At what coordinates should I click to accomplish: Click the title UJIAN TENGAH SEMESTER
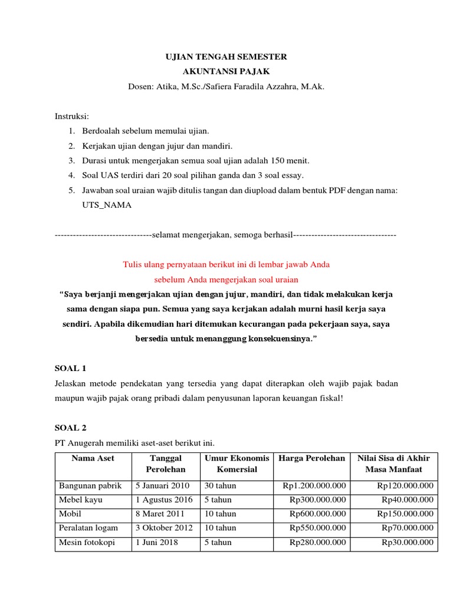(x=226, y=57)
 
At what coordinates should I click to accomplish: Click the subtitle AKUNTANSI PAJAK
(x=226, y=72)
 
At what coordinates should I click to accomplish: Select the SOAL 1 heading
(x=70, y=369)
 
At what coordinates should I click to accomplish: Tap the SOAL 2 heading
(x=70, y=427)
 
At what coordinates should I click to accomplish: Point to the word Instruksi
(x=71, y=116)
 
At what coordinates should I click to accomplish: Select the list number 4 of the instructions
(x=71, y=176)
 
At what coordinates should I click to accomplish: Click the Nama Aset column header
(x=93, y=458)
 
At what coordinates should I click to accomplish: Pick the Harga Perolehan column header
(x=311, y=458)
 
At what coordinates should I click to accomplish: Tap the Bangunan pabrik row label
(x=90, y=485)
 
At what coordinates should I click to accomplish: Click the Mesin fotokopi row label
(x=87, y=542)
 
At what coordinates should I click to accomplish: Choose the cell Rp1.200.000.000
(x=314, y=485)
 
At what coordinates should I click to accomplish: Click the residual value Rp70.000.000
(x=407, y=528)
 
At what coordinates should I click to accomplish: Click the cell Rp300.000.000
(x=317, y=500)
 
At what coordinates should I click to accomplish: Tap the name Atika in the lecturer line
(x=167, y=87)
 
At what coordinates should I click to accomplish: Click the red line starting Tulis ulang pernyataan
(x=226, y=264)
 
